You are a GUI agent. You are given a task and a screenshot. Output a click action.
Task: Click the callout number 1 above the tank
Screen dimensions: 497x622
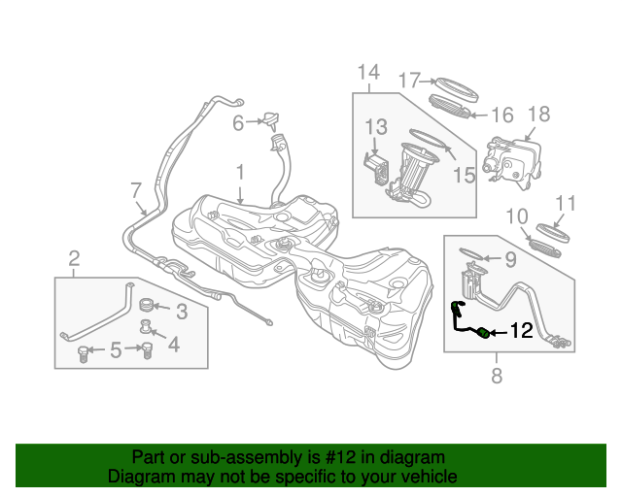coord(239,173)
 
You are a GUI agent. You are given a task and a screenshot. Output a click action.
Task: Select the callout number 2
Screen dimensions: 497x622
coord(74,257)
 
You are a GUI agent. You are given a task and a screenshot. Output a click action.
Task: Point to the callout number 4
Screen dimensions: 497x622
coord(174,344)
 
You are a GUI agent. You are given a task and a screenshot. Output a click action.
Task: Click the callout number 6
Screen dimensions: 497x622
coord(237,122)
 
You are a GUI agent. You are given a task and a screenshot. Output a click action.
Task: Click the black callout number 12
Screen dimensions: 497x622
coord(521,332)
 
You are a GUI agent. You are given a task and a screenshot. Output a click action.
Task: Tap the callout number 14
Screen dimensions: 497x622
coord(368,72)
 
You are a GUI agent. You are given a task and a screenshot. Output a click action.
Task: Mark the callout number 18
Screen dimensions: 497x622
coord(537,115)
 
